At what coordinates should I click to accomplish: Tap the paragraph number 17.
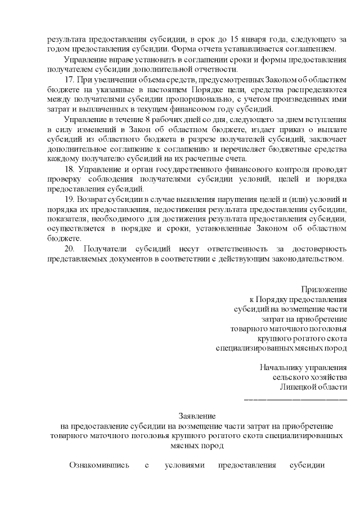70,79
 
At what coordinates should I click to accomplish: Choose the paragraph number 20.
70,249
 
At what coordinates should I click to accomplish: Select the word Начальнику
281,367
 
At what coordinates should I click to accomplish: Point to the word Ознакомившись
99,466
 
